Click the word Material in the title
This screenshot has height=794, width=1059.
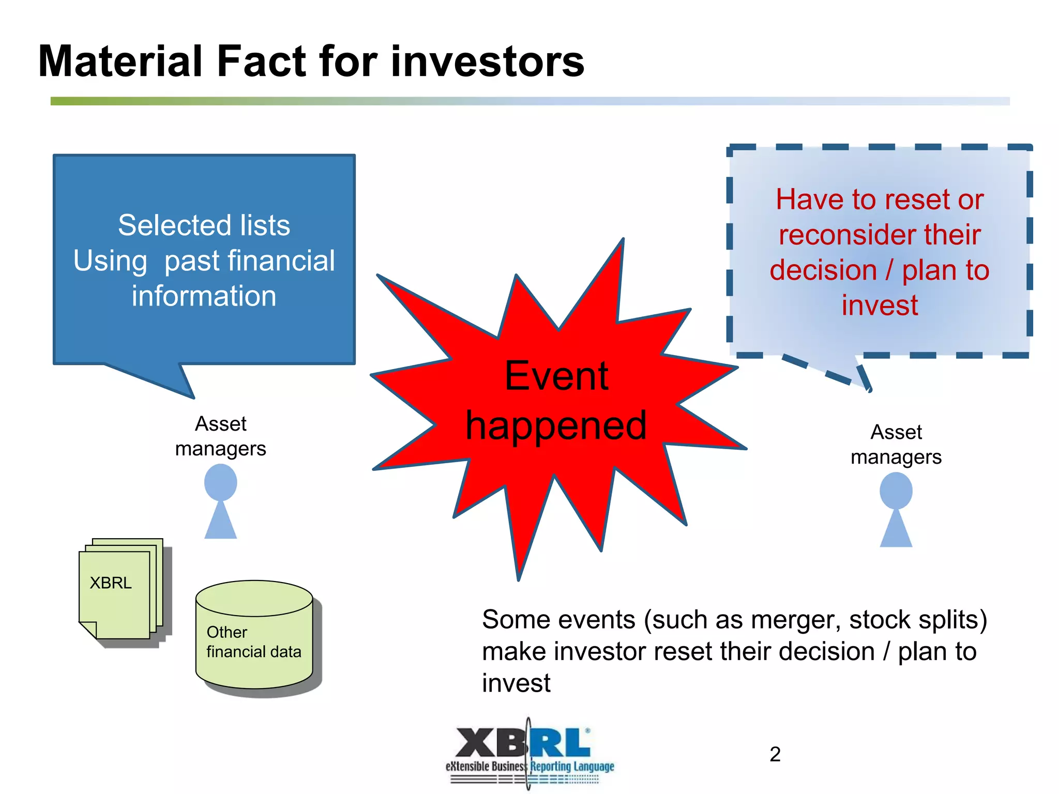[119, 62]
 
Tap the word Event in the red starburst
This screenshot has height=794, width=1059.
[556, 376]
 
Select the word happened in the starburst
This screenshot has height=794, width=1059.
[556, 425]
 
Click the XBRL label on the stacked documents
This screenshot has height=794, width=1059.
[111, 583]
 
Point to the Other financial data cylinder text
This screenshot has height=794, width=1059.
[253, 642]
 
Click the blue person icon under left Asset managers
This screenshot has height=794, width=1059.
[221, 501]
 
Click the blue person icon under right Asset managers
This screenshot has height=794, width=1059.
[896, 510]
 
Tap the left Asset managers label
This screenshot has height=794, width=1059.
[221, 436]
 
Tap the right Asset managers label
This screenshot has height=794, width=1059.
[896, 445]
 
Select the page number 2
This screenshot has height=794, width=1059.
[775, 754]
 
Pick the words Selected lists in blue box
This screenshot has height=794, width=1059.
[204, 225]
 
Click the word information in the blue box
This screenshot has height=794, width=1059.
[204, 296]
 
